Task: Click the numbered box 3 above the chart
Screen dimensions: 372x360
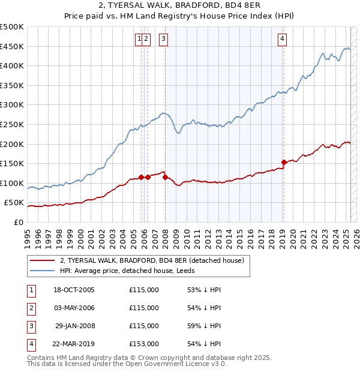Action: click(163, 39)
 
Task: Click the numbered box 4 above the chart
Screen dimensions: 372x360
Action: click(282, 39)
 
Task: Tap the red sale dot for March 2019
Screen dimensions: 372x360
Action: click(284, 162)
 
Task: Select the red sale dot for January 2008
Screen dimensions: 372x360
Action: click(165, 177)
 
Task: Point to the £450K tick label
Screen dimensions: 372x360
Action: click(12, 46)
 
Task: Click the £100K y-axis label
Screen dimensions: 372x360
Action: click(12, 183)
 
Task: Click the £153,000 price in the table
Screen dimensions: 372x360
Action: click(144, 344)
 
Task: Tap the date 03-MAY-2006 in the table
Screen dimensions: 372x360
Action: click(74, 308)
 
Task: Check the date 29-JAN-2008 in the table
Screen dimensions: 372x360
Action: click(74, 326)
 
